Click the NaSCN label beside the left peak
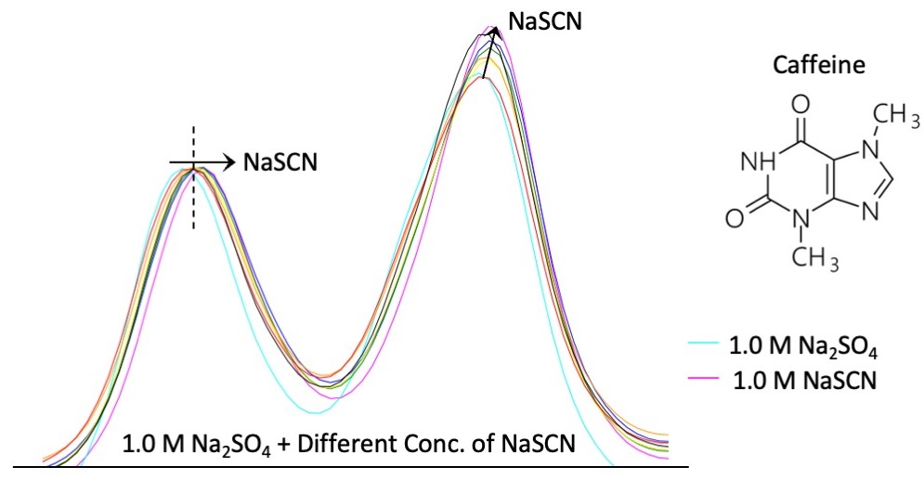[280, 162]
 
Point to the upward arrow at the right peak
[489, 51]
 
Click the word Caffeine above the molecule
[807, 67]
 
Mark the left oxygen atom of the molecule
[734, 219]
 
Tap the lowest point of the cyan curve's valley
[318, 411]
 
